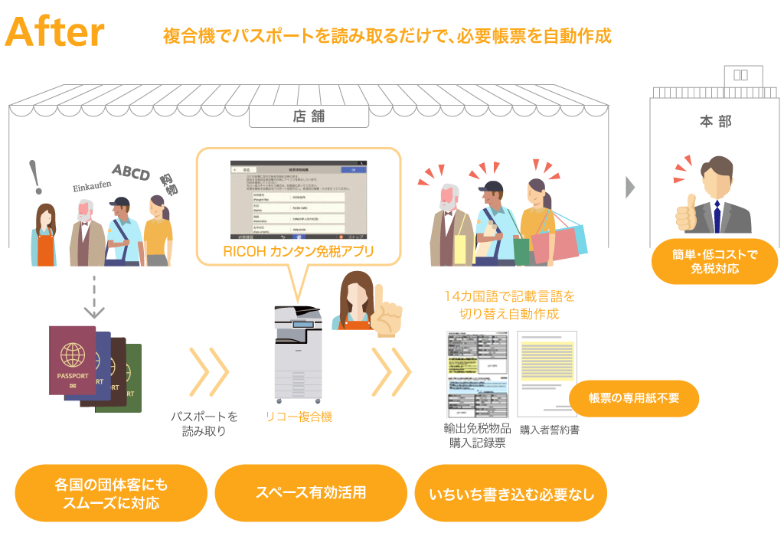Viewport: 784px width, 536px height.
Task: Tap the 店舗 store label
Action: click(309, 116)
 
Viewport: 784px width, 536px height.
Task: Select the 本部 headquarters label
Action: click(715, 122)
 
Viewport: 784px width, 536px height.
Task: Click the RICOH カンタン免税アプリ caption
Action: click(299, 250)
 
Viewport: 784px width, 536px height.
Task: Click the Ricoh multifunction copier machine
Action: click(298, 357)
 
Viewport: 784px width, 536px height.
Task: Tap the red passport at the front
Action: click(73, 360)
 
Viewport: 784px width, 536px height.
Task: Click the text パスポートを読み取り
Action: click(204, 423)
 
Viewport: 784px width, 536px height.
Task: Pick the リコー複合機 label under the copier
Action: click(299, 417)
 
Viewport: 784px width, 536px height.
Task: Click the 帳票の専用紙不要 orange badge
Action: click(634, 398)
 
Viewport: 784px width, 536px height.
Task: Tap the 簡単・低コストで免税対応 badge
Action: click(714, 261)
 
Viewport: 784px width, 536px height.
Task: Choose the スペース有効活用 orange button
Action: click(311, 492)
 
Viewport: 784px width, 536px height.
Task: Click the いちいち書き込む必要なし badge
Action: click(511, 494)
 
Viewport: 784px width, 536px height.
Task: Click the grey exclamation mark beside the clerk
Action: click(34, 178)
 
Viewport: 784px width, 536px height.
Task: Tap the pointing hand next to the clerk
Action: click(387, 314)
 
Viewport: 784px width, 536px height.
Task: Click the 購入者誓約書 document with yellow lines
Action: click(547, 373)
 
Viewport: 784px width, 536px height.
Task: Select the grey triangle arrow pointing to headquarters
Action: click(630, 188)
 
